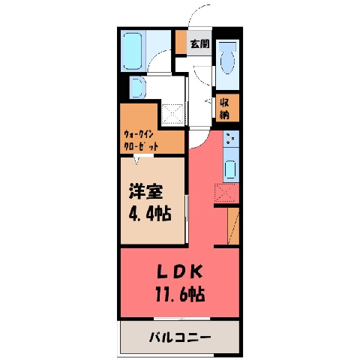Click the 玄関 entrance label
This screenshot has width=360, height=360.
click(199, 44)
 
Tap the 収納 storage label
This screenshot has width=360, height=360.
click(224, 109)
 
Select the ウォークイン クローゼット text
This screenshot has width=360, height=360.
click(141, 140)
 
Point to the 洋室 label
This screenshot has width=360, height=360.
click(145, 191)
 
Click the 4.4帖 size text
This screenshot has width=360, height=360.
click(150, 213)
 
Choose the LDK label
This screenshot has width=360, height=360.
click(180, 272)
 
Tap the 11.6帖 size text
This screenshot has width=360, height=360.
click(180, 294)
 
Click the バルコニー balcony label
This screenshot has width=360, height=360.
click(180, 337)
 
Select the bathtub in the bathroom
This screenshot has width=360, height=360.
click(133, 52)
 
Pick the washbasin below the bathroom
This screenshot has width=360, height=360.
click(137, 88)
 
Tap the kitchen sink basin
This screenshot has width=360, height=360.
click(230, 170)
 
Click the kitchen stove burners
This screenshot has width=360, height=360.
click(231, 139)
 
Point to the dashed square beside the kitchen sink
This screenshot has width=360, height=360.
click(225, 193)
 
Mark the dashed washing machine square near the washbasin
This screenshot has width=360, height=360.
click(172, 114)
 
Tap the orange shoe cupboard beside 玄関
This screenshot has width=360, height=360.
click(181, 42)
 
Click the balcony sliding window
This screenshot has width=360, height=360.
click(181, 319)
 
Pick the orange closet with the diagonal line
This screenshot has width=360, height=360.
click(233, 226)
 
